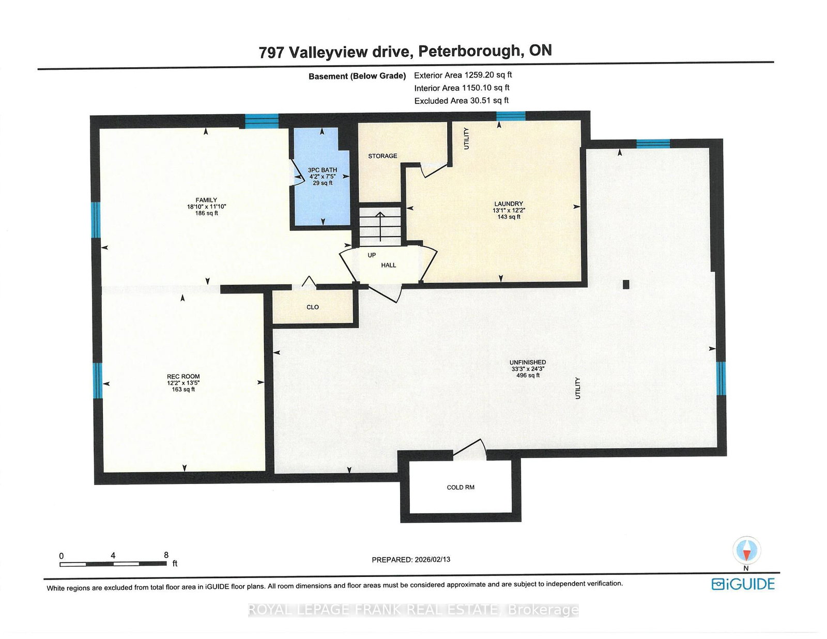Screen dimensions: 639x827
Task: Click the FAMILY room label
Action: (x=206, y=200)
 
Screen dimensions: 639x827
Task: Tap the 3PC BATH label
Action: (x=322, y=170)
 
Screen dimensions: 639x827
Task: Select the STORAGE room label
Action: (x=382, y=156)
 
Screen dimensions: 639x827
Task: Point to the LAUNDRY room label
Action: (x=508, y=204)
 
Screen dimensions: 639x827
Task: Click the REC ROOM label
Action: (x=183, y=377)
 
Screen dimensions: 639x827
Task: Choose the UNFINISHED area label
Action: (x=527, y=363)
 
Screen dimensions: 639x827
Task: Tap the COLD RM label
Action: (x=460, y=487)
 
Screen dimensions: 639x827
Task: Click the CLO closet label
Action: (x=312, y=307)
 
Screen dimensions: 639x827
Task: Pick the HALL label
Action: (x=388, y=266)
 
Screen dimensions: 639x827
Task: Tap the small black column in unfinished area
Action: (x=625, y=284)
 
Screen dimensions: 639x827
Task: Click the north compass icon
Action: (x=746, y=551)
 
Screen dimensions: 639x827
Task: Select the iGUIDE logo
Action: (x=743, y=584)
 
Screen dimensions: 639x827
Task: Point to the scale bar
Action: (x=113, y=564)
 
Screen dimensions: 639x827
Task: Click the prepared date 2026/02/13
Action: (x=432, y=559)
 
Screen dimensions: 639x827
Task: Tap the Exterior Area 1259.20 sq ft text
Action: (x=463, y=75)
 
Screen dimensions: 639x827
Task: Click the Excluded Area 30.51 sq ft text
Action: (x=461, y=101)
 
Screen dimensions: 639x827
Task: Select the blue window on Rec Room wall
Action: (x=97, y=380)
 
